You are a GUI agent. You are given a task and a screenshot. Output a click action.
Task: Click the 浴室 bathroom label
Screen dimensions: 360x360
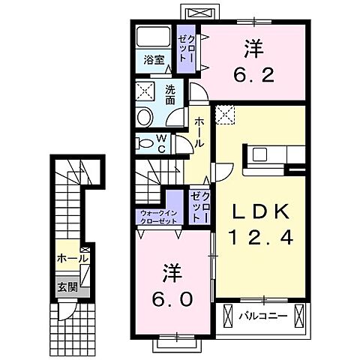point(154,60)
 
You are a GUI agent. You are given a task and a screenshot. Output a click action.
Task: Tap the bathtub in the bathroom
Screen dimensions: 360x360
point(153,37)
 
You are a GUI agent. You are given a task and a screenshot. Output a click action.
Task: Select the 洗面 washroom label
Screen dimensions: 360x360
point(170,95)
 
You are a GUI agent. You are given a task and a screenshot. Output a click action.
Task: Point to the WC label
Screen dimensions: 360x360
point(162,143)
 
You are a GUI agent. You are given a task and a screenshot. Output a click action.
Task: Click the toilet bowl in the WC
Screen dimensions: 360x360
point(144,143)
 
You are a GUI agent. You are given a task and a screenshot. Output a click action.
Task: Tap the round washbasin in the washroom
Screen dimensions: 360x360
point(144,117)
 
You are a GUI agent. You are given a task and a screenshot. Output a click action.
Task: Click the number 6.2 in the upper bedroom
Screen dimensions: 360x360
point(253,61)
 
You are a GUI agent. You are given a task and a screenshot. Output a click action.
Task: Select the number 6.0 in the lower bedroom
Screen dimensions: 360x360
point(172,286)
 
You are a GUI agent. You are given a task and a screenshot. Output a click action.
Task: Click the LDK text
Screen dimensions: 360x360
point(261,212)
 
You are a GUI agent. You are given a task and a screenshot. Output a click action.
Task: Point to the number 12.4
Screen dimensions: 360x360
point(261,237)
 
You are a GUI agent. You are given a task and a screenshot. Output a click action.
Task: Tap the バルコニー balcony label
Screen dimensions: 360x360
point(262,316)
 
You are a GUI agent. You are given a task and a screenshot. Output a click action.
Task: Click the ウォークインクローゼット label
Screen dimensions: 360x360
point(159,217)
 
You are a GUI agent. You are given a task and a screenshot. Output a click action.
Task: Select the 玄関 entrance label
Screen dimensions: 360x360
point(67,287)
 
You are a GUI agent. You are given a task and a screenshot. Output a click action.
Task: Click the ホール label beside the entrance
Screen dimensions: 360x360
point(72,258)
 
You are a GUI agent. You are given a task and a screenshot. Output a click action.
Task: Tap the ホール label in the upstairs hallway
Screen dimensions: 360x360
point(199,133)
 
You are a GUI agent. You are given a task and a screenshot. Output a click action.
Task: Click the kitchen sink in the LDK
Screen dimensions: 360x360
point(259,154)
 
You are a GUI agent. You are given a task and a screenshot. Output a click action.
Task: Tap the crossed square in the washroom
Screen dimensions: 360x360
point(145,91)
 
